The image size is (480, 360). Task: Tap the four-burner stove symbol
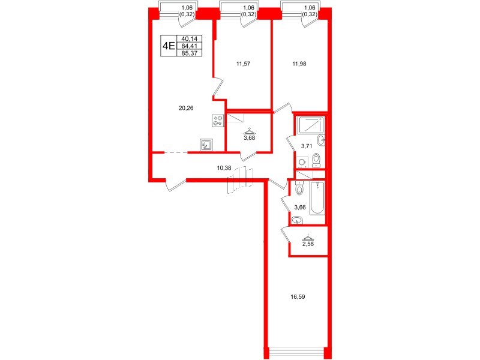[x=217, y=121]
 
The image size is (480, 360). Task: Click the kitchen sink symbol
[x=207, y=145]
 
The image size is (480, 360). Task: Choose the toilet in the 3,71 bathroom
[x=317, y=160]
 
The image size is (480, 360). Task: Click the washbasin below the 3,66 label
[x=296, y=220]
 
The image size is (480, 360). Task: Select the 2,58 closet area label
[x=308, y=244]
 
